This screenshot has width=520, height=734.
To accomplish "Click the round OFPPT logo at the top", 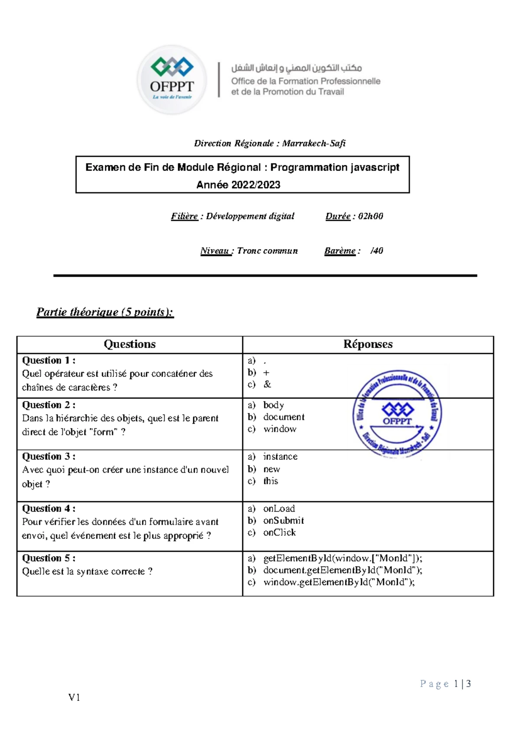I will [x=172, y=80].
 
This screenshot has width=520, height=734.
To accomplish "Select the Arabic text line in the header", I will [x=296, y=68].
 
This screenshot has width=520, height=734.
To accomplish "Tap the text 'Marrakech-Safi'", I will [x=314, y=143].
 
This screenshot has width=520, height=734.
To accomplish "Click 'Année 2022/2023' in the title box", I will [x=238, y=185].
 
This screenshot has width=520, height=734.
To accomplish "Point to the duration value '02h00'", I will [x=370, y=216].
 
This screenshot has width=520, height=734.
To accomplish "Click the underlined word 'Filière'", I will [x=184, y=216].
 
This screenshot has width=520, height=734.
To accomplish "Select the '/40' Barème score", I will [x=377, y=251].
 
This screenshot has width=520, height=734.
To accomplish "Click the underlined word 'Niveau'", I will [x=215, y=251].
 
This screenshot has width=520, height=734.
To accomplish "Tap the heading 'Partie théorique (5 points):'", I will [x=105, y=312].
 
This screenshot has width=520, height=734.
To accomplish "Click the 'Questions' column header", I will [x=130, y=344].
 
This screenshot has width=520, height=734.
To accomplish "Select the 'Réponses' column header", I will [x=368, y=344].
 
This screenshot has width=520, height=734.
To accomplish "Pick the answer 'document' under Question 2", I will [x=284, y=417].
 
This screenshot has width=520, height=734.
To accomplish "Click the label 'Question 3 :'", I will [x=49, y=456].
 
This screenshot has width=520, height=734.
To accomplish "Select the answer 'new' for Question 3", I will [x=272, y=469].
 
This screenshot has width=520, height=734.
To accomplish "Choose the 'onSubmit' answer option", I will [x=283, y=521].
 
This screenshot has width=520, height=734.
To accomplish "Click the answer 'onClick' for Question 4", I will [x=279, y=533].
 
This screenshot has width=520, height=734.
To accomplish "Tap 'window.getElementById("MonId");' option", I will [x=339, y=582].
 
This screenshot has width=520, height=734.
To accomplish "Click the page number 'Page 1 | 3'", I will [x=445, y=684].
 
